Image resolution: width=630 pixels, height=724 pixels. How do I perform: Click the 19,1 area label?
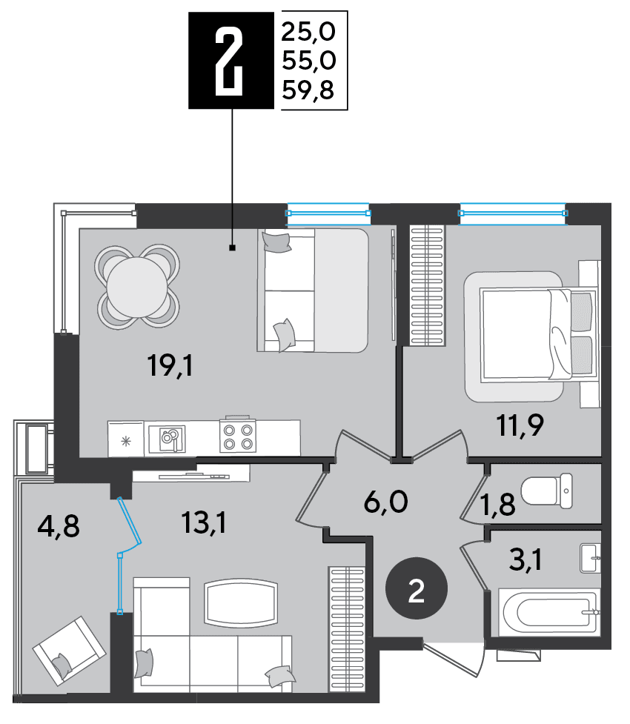170,365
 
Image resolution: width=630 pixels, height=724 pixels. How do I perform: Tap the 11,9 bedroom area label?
520,425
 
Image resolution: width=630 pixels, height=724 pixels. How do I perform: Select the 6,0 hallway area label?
386,502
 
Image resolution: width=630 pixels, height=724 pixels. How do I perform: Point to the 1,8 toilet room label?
498,504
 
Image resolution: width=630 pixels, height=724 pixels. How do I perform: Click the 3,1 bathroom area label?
525,560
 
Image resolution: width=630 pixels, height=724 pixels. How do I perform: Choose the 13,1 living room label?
204,523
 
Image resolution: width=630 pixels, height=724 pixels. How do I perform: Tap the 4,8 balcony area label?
59,526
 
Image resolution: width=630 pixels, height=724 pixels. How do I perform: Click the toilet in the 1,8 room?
547,491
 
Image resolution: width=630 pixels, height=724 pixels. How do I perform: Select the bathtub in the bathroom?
550,612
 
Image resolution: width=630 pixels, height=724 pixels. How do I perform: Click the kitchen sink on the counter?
169,439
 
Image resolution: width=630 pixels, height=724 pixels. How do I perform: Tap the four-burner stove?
238,436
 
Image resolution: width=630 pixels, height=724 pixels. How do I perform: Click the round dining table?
137,287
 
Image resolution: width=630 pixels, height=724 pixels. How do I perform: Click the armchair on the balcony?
70,651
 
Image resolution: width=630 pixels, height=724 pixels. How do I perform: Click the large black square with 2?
231,61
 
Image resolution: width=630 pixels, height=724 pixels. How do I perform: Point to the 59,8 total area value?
308,90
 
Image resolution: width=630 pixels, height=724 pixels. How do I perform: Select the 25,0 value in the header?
308,32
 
